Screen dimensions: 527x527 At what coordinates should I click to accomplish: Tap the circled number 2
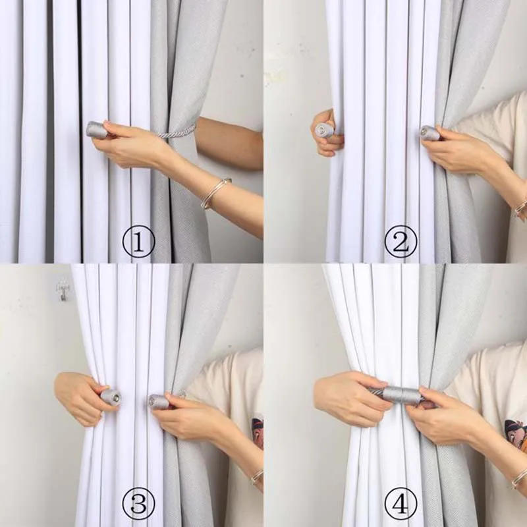[401, 242]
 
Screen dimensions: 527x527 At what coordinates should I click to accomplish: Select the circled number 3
[138, 505]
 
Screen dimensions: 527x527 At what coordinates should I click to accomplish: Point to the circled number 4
[401, 505]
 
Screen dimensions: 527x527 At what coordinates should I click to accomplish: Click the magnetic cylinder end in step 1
[96, 130]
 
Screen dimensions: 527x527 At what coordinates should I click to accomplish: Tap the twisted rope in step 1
[177, 132]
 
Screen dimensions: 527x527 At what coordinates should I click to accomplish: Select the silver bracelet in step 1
[216, 192]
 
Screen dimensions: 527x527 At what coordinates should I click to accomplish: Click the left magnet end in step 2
[324, 130]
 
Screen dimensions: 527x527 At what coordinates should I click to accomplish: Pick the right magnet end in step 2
[430, 133]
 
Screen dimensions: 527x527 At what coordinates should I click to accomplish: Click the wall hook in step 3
[63, 288]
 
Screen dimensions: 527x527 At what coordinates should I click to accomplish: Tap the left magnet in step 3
[111, 397]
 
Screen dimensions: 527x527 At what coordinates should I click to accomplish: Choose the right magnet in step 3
[158, 401]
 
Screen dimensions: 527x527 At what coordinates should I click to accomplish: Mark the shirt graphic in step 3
[257, 431]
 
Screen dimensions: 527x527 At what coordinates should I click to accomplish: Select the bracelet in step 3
[256, 476]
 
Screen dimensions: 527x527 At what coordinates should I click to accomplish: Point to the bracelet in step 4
[519, 477]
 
